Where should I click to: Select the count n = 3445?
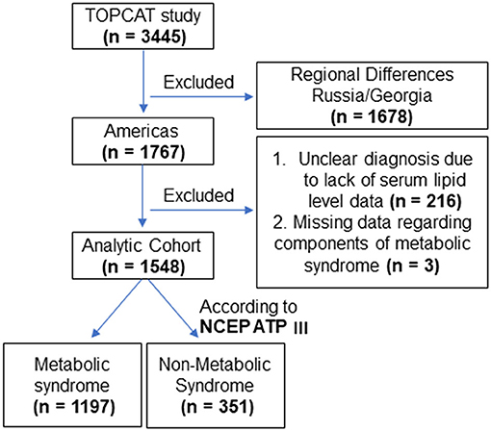[x=144, y=37]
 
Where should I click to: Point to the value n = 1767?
[x=143, y=152]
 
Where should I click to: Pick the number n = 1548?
[x=143, y=266]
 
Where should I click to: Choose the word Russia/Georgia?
[x=372, y=96]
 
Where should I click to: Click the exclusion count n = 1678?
[x=372, y=116]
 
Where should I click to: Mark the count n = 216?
[x=426, y=201]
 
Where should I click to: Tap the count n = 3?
[x=413, y=266]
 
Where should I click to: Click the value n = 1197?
[x=74, y=407]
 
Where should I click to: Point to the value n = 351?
[x=218, y=407]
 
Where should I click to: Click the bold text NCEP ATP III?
[x=254, y=327]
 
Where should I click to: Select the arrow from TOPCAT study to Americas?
[x=143, y=82]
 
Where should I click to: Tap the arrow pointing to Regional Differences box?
[x=202, y=96]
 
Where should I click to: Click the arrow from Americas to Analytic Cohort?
[x=142, y=196]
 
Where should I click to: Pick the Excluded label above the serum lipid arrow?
[x=198, y=195]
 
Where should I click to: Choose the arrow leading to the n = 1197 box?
[x=116, y=308]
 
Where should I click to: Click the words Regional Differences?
[x=373, y=75]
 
